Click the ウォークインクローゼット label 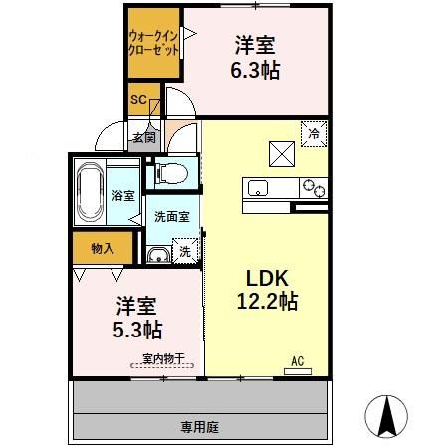pos(152,44)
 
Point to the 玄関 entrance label pos(143,138)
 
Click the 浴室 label pos(123,197)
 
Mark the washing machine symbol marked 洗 pos(183,253)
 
